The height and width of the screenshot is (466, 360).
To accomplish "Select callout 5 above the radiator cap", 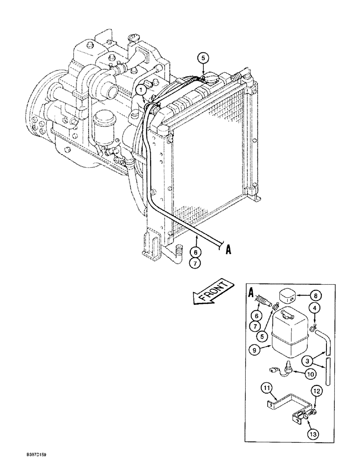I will [203, 59].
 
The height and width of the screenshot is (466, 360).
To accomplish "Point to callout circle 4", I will [316, 307].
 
